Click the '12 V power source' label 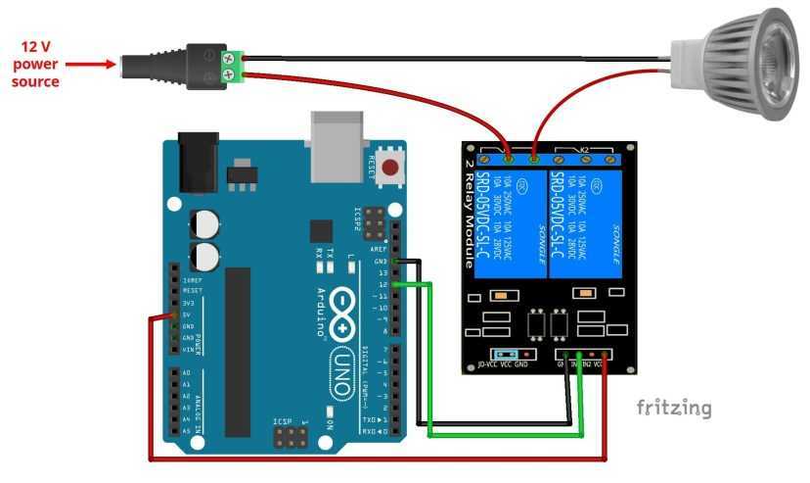(35, 64)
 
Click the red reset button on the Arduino (392, 168)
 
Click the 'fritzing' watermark (674, 408)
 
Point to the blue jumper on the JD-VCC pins (506, 354)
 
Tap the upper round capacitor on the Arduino (205, 224)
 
